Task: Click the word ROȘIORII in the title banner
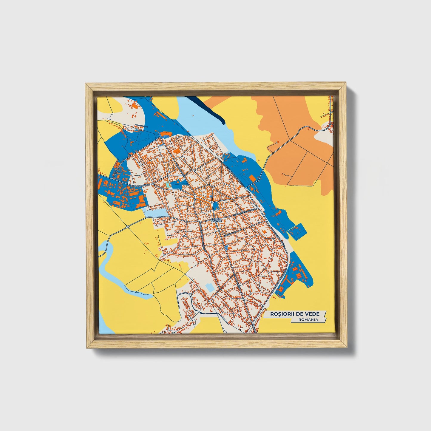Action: pyautogui.click(x=283, y=314)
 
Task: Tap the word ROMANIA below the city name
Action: pyautogui.click(x=308, y=319)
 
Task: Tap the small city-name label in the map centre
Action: pyautogui.click(x=216, y=220)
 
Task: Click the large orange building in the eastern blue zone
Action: pyautogui.click(x=252, y=178)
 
